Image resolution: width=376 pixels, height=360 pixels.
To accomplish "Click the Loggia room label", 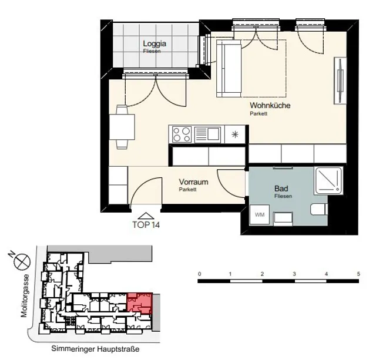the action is click(155, 43).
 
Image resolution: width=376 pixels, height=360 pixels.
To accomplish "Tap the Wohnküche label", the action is click(270, 105).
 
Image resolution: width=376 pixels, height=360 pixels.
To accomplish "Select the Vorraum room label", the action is click(193, 181).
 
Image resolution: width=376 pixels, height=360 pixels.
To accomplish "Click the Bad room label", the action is click(281, 189).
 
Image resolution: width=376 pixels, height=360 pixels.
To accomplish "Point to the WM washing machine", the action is click(260, 214).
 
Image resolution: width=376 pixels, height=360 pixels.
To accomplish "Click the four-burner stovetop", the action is click(182, 134).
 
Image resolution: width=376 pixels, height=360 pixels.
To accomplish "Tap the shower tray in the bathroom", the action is click(328, 181).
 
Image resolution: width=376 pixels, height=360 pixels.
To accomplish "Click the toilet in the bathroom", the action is click(319, 209).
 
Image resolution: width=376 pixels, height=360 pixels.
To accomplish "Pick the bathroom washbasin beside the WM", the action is click(283, 218).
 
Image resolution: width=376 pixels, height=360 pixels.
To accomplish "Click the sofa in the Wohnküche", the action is click(229, 69).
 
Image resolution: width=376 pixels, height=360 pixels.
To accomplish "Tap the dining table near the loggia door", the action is click(122, 127).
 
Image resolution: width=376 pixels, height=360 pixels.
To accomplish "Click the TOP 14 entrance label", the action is click(146, 225).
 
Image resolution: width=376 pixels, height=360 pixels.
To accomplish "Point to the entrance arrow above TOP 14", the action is click(146, 216).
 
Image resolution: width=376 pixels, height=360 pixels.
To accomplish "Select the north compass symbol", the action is click(22, 261).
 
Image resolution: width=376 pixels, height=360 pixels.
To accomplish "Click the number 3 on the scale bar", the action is click(294, 274).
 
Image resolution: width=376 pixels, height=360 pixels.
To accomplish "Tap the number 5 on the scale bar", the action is click(358, 274).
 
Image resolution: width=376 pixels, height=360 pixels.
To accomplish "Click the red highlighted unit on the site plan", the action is click(140, 303).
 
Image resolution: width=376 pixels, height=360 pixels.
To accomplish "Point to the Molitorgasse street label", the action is click(25, 296).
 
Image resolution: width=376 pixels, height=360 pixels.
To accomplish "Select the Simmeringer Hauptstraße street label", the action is click(95, 349).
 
